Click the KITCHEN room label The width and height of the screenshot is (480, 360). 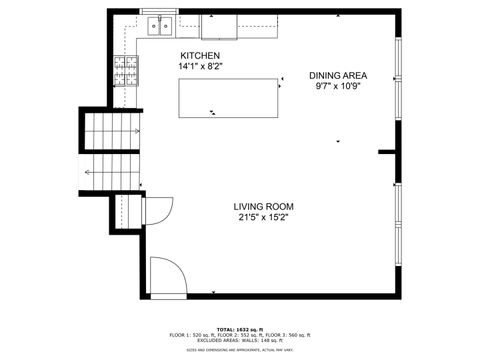point(199,55)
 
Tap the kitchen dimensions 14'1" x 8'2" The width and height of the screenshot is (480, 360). point(199,66)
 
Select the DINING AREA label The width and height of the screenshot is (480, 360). point(337,75)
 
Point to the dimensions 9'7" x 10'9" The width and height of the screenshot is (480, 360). point(337,86)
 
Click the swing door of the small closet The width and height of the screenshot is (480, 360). point(157,212)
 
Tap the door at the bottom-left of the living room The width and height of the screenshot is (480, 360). point(166,275)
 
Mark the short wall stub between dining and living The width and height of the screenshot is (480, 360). point(388,152)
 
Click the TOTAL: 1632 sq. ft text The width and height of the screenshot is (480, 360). point(240,328)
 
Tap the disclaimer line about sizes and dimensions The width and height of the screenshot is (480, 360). point(240,350)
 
